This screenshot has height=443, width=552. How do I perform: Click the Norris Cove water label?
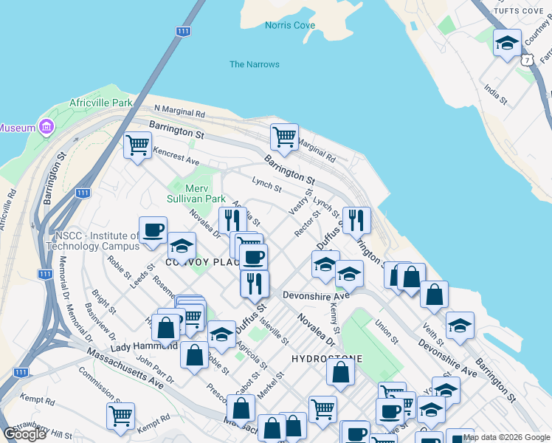(289, 26)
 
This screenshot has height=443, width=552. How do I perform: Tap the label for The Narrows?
(254, 64)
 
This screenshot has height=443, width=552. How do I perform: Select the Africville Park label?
(100, 103)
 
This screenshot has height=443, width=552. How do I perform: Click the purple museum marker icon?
(47, 127)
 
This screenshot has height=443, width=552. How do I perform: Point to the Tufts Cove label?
(517, 11)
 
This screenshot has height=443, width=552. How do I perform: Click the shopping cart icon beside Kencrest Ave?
(137, 145)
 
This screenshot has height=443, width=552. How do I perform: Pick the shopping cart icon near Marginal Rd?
(283, 136)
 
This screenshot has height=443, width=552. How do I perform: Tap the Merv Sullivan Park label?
(195, 193)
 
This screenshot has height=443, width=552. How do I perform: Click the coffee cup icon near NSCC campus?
(153, 229)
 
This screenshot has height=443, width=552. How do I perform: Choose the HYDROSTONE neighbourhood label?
(327, 359)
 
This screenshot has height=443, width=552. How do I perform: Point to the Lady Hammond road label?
(145, 346)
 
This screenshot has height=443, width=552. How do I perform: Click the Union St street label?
(386, 332)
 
